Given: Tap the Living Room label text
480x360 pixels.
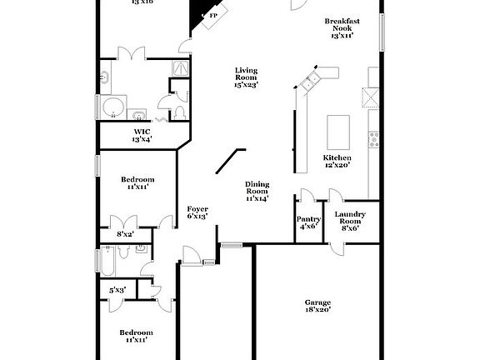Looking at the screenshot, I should click(246, 77).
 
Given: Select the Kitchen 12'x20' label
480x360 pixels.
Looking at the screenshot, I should click(337, 162).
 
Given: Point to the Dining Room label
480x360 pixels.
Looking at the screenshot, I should click(257, 191).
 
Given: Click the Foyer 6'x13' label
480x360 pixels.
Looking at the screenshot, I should click(197, 212).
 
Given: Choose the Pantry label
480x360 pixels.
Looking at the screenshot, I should click(308, 222).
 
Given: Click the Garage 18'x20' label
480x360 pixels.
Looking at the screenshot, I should click(317, 306).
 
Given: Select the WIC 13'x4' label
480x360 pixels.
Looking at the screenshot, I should click(141, 135).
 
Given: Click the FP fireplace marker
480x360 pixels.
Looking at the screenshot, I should click(213, 16).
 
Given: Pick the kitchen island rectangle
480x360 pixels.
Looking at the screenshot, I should click(337, 131).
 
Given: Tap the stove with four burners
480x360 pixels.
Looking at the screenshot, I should click(374, 139).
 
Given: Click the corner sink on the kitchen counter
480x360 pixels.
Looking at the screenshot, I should click(312, 81).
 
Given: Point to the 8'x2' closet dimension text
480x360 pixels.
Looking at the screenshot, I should click(126, 235).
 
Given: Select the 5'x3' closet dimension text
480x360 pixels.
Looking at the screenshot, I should click(118, 290).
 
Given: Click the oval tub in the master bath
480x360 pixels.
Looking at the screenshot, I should click(113, 108).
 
